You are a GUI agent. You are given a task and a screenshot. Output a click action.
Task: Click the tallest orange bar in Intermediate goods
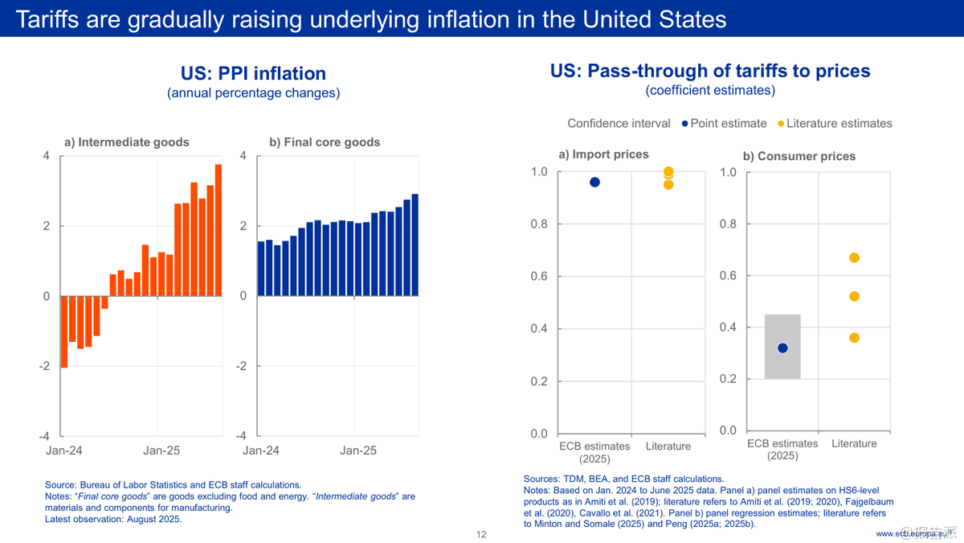(x=218, y=230)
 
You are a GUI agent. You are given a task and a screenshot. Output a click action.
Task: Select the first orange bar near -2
(x=64, y=331)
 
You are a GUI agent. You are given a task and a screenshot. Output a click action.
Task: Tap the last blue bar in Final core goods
(x=415, y=245)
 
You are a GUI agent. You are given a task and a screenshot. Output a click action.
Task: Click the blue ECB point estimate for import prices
(x=594, y=182)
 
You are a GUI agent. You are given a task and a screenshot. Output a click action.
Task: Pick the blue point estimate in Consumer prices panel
(x=783, y=348)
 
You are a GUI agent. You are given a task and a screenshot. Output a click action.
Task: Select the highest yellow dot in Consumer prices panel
(x=854, y=257)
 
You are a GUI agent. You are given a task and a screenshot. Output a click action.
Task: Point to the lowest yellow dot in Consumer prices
(x=854, y=338)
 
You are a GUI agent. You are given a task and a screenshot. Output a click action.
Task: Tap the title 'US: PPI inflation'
(x=253, y=73)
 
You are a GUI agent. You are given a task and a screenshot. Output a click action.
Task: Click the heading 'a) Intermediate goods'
(x=126, y=142)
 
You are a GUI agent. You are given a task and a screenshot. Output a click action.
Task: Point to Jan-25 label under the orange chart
(x=161, y=450)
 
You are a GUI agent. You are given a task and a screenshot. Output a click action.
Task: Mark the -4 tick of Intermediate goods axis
(x=45, y=436)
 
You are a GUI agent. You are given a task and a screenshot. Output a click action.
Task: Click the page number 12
(x=481, y=534)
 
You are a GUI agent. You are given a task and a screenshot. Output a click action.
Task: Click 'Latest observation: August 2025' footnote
(x=113, y=519)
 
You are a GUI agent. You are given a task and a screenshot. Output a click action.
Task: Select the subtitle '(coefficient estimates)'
(x=710, y=90)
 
